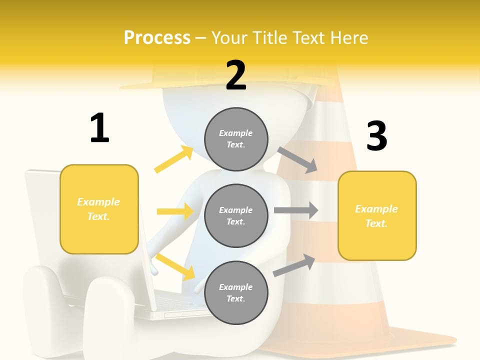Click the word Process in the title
(x=157, y=38)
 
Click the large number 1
(x=99, y=128)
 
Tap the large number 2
(x=236, y=75)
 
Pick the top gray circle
(x=236, y=138)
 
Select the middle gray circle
(x=236, y=215)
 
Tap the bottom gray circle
(x=236, y=292)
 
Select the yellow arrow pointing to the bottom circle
(x=175, y=265)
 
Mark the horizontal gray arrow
(x=295, y=210)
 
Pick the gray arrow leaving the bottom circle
(x=294, y=265)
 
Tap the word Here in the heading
(x=349, y=38)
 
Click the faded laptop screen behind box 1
(x=42, y=210)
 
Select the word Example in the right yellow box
(x=376, y=209)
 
